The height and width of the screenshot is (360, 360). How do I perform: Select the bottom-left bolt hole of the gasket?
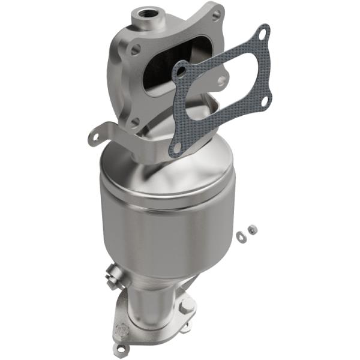point(176,145)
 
